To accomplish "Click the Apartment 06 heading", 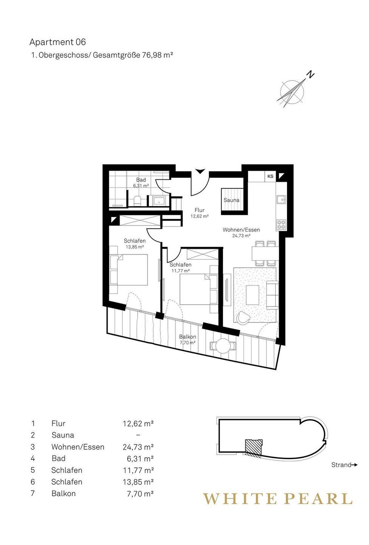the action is pyautogui.click(x=57, y=42).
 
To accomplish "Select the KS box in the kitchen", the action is pyautogui.click(x=270, y=176).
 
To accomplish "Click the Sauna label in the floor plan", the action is pyautogui.click(x=231, y=200).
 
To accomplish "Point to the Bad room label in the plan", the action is pyautogui.click(x=141, y=180).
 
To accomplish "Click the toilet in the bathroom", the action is pyautogui.click(x=137, y=201).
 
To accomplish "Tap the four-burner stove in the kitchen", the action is pyautogui.click(x=281, y=225).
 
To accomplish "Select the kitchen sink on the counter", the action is pyautogui.click(x=281, y=200).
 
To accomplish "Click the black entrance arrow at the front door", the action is pyautogui.click(x=200, y=171).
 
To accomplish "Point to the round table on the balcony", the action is pyautogui.click(x=223, y=346).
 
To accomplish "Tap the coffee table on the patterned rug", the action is pyautogui.click(x=252, y=295).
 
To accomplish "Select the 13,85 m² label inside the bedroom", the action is pyautogui.click(x=135, y=247).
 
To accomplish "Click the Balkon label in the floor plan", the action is pyautogui.click(x=188, y=337).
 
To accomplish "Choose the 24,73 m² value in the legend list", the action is pyautogui.click(x=138, y=447).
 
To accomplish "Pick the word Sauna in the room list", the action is pyautogui.click(x=63, y=435).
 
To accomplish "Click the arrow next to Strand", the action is pyautogui.click(x=354, y=465).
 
